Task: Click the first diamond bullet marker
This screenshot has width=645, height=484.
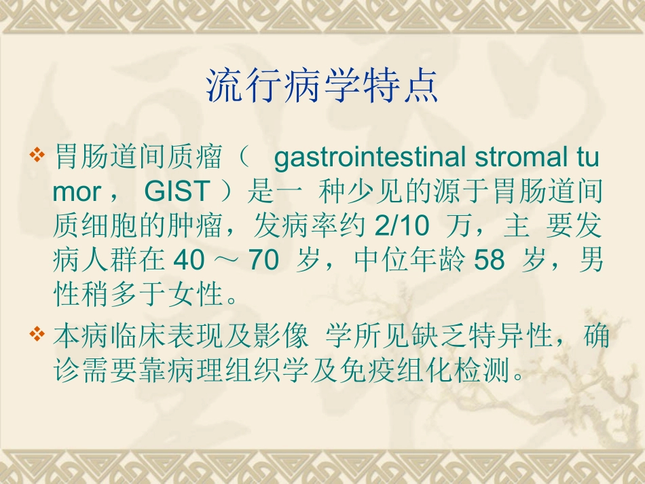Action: (39, 158)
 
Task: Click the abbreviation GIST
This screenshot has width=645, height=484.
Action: (176, 193)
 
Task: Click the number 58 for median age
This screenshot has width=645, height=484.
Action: (489, 260)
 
